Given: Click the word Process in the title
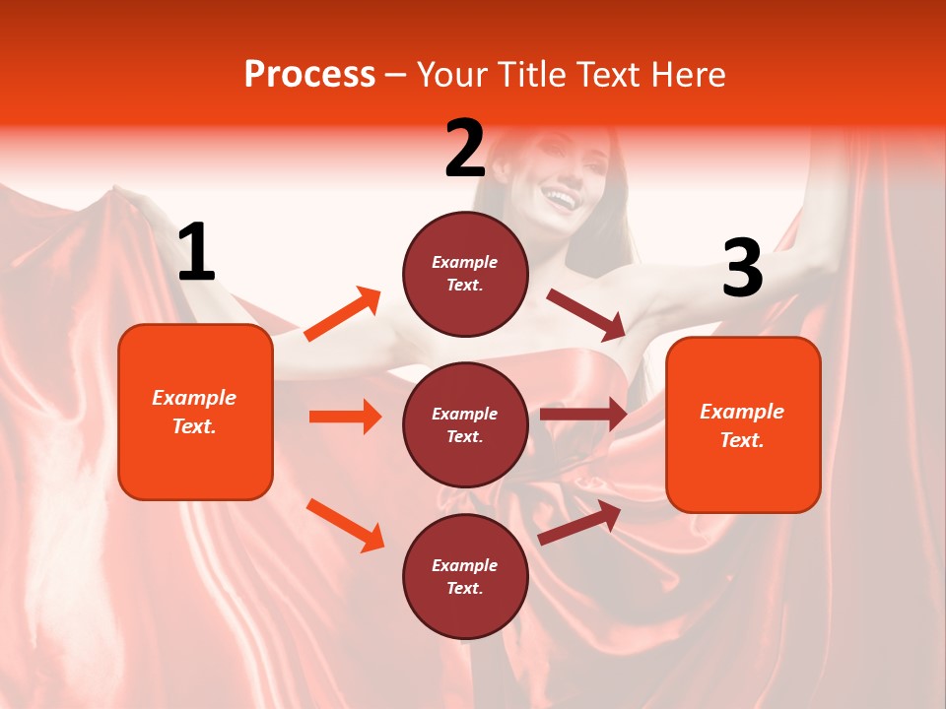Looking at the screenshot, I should [309, 75].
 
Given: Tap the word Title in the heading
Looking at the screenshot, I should [530, 75].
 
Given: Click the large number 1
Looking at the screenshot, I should [196, 253].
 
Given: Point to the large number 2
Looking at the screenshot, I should [465, 149].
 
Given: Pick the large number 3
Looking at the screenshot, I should [742, 269].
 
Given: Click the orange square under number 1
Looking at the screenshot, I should [195, 412].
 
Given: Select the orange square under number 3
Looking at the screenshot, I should [743, 425].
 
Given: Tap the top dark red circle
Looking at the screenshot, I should [465, 273].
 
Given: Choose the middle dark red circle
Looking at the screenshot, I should [465, 424].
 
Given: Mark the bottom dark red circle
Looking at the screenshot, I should [465, 576].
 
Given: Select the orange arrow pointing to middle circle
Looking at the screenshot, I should [345, 417].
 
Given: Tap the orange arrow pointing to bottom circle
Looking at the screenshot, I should [345, 525].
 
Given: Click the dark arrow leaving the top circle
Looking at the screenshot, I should [586, 314].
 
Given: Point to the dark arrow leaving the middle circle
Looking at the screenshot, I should [583, 414].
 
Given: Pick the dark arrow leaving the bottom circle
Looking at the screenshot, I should [579, 523].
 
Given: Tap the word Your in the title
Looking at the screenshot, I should [451, 75].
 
